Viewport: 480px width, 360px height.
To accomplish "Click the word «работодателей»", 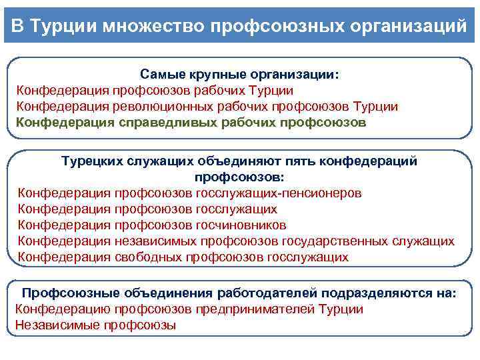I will (x=267, y=293).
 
